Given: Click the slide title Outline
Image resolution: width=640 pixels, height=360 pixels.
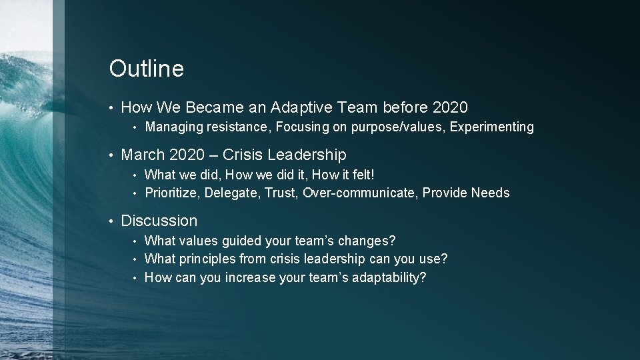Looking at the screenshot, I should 146,68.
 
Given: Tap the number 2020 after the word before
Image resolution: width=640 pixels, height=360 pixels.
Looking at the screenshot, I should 450,107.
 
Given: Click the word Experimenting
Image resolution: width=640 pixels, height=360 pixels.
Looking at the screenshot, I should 492,127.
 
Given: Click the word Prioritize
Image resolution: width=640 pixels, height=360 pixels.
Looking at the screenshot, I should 171,193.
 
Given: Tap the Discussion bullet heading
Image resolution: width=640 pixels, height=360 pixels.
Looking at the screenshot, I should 159,221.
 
